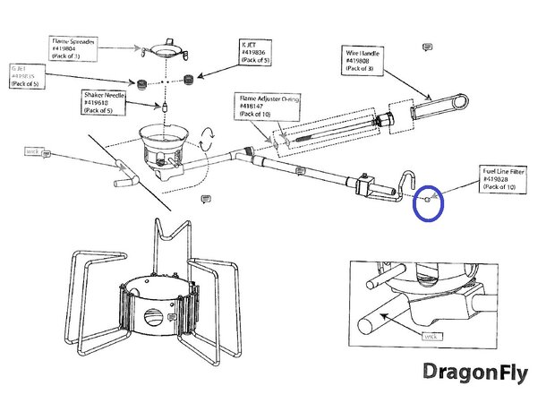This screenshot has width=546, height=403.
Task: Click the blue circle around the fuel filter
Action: pyautogui.click(x=429, y=201)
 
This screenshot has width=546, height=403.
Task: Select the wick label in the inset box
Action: pyautogui.click(x=431, y=336)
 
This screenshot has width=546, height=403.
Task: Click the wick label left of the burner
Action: pyautogui.click(x=36, y=152)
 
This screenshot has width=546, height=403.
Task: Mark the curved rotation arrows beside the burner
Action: pyautogui.click(x=207, y=140)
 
